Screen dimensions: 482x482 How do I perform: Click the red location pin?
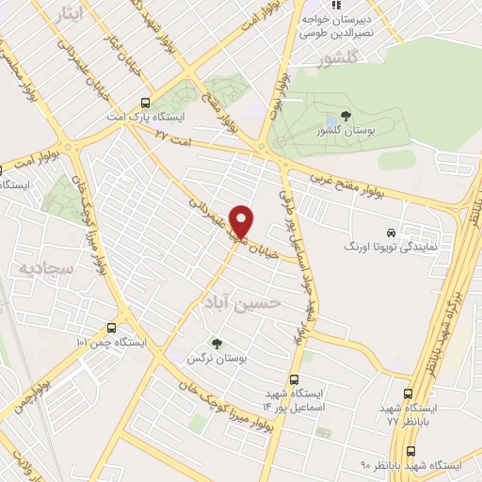pyautogui.click(x=242, y=220)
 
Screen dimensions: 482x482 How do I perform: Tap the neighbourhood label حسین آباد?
pyautogui.click(x=242, y=301)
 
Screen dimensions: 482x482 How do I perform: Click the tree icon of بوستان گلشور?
pyautogui.click(x=347, y=116)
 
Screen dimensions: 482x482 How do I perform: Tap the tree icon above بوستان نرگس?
pyautogui.click(x=217, y=344)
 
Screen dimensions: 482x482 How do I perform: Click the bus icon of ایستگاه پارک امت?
pyautogui.click(x=144, y=103)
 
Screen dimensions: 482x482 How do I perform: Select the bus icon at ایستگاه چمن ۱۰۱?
pyautogui.click(x=112, y=328)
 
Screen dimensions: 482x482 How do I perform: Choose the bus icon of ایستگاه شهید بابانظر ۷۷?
pyautogui.click(x=407, y=394)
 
